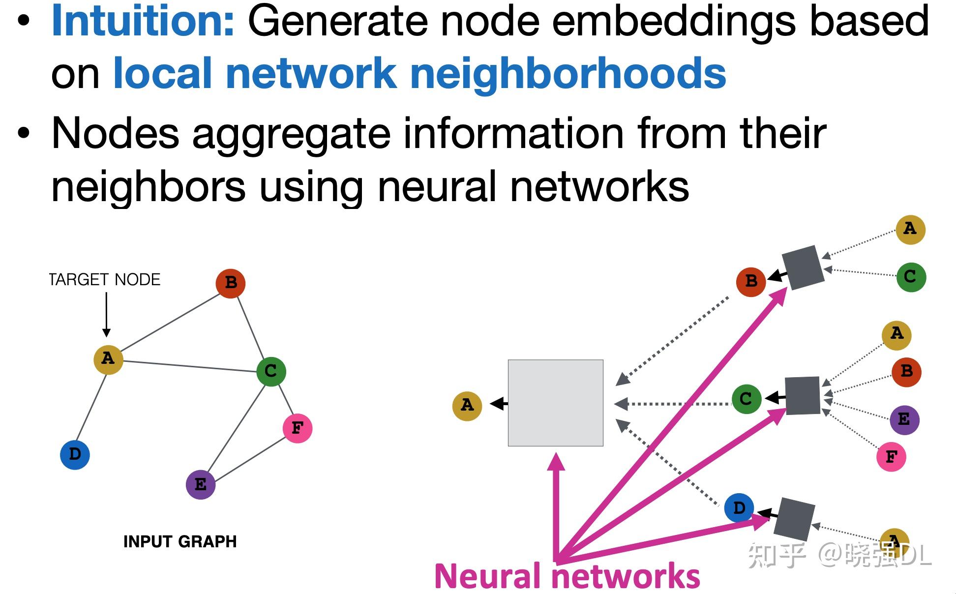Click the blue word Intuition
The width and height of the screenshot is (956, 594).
[x=143, y=21]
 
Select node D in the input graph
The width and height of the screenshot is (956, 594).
[x=75, y=454]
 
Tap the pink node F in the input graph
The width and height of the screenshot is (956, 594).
[x=298, y=428]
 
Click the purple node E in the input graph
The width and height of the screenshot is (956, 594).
[x=201, y=484]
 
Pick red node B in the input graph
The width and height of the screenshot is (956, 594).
[x=231, y=283]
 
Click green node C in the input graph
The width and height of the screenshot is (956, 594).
[x=271, y=371]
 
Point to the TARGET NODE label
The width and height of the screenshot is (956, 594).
[x=105, y=279]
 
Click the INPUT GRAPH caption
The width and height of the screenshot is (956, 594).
[x=180, y=541]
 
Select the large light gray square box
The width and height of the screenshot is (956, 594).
[x=555, y=403]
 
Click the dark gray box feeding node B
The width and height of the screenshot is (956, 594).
[x=803, y=268]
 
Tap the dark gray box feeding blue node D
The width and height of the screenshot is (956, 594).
[x=794, y=520]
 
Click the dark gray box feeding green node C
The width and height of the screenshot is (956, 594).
[x=803, y=396]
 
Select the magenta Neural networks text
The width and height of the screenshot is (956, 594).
[x=567, y=576]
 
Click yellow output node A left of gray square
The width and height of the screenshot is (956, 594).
[x=467, y=406]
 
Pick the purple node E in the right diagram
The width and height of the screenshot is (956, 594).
[x=904, y=419]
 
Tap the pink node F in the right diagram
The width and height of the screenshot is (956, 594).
[x=891, y=457]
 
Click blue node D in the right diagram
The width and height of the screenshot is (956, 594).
[x=739, y=508]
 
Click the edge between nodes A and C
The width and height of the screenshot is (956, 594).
[x=189, y=366]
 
